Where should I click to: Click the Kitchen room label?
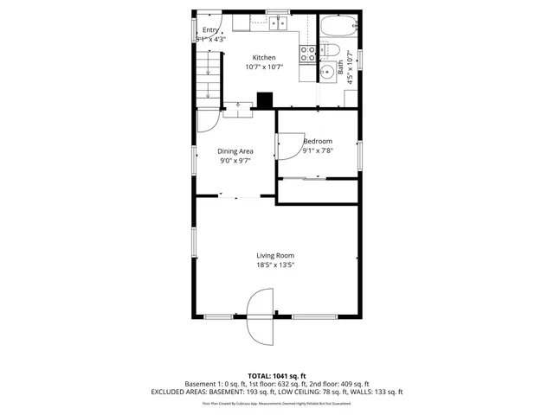click(263, 58)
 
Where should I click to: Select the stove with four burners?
click(307, 54)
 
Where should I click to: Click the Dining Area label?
click(235, 151)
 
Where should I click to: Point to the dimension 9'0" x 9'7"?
click(235, 161)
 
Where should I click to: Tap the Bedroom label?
click(318, 141)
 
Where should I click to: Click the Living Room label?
click(275, 255)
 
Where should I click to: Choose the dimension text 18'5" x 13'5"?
click(275, 265)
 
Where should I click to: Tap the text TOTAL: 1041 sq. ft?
click(276, 375)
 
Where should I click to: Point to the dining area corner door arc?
click(208, 121)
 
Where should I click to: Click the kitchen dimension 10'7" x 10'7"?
click(263, 67)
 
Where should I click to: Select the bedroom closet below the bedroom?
click(317, 191)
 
